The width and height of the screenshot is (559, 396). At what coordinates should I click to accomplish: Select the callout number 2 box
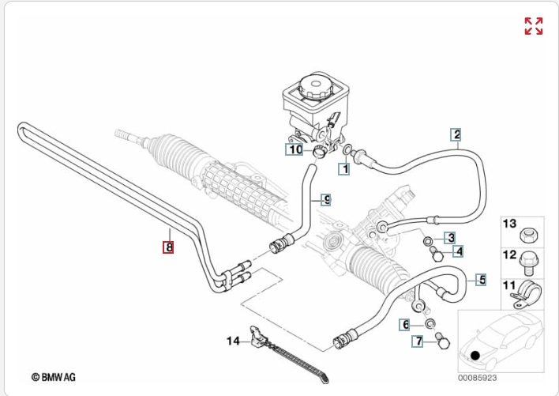[x=456, y=134]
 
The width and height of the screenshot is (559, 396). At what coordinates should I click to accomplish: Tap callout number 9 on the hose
[x=325, y=199]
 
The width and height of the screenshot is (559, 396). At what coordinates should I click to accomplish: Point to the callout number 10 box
[x=295, y=149]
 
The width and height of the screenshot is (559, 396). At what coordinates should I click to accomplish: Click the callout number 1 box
[x=344, y=168]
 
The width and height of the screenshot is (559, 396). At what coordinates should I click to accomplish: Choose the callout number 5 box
[x=481, y=279]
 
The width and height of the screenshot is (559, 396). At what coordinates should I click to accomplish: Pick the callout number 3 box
[x=449, y=237]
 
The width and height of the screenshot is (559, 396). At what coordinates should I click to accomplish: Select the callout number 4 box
[x=458, y=252]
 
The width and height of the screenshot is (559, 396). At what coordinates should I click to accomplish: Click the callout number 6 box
[x=405, y=325]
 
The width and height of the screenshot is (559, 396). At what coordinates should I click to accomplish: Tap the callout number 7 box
[x=419, y=341]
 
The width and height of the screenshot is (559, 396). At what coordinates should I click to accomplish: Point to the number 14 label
[x=233, y=341]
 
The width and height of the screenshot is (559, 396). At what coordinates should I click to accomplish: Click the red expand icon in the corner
[x=534, y=25]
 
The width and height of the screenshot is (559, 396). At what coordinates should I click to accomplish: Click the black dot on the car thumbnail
[x=475, y=355]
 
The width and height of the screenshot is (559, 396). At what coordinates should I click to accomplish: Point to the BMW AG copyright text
[x=54, y=377]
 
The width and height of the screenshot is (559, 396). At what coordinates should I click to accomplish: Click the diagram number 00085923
[x=478, y=377]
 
